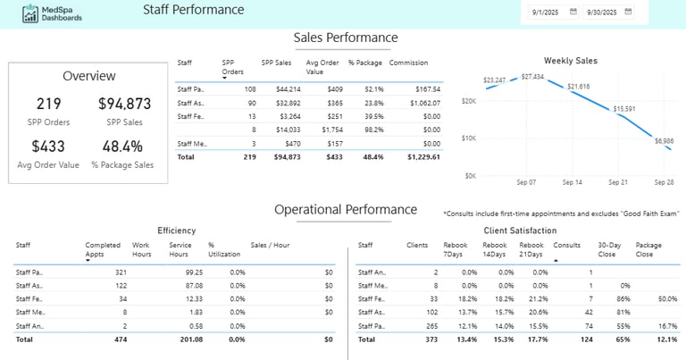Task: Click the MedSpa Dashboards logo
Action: click(54, 13)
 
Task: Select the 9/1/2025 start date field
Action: click(545, 13)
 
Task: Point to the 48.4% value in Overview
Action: click(122, 146)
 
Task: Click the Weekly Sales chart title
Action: click(570, 61)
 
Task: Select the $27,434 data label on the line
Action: click(532, 77)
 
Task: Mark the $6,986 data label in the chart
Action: click(664, 140)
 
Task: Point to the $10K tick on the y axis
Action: click(468, 138)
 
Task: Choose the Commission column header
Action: click(408, 63)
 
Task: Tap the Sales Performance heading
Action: click(346, 38)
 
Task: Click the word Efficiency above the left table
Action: click(176, 230)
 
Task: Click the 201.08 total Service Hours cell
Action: click(189, 339)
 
